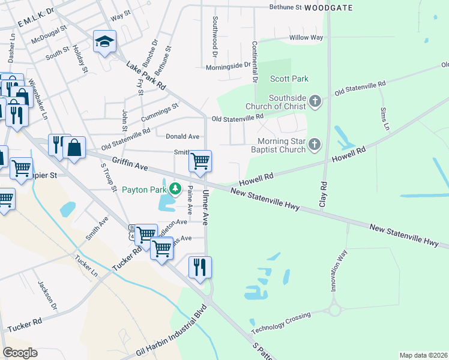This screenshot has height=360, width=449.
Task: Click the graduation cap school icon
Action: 104,41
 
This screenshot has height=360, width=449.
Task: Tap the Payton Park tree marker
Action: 175,189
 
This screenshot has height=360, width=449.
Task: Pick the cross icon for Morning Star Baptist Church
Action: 314,145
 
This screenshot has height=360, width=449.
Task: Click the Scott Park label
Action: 289,79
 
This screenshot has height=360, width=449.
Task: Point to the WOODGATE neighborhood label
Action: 328,8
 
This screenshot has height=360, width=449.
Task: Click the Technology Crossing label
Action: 281,323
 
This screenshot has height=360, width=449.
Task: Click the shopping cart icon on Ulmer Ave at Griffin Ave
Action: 200,160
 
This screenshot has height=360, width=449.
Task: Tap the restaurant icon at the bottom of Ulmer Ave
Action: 200,266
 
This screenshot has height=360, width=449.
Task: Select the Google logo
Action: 19,353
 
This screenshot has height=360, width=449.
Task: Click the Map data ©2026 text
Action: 423,355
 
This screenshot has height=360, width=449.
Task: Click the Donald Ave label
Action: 182,137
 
